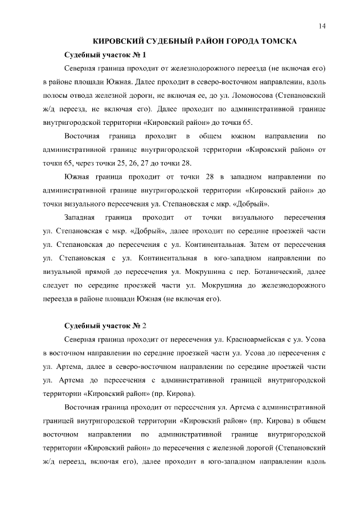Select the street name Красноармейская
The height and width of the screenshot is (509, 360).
tap(253, 340)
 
